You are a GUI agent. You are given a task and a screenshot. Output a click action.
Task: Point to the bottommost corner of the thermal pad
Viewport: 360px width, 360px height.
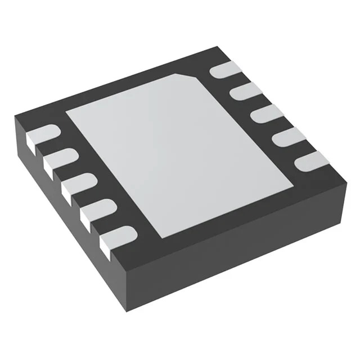(162, 237)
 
